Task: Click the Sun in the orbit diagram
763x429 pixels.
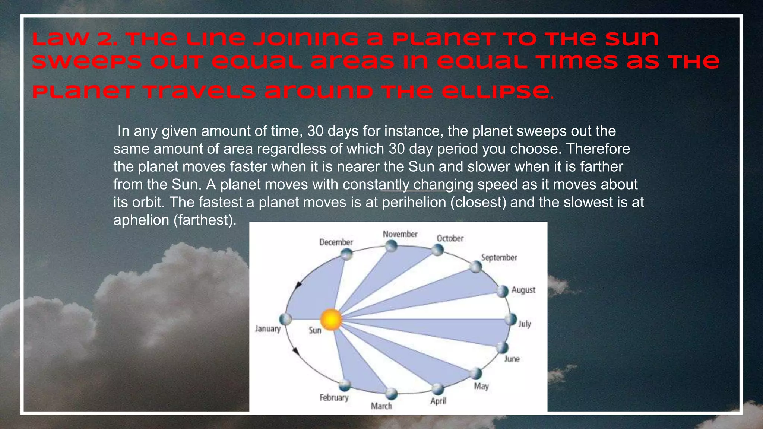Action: click(x=331, y=320)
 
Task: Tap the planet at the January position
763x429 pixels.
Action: click(x=285, y=319)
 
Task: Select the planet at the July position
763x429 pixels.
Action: click(x=511, y=319)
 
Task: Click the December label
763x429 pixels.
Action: click(x=336, y=242)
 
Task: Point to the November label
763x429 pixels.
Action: click(x=400, y=234)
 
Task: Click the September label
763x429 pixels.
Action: click(x=499, y=257)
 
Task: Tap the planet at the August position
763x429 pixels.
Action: click(x=502, y=291)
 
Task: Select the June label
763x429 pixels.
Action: click(x=512, y=359)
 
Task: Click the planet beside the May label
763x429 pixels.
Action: click(x=476, y=373)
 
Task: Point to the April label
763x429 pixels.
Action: click(x=438, y=401)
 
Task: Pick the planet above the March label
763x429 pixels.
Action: click(x=391, y=393)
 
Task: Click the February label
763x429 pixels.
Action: click(x=334, y=397)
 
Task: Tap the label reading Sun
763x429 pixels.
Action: click(x=315, y=330)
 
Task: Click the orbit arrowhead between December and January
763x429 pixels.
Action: click(x=298, y=286)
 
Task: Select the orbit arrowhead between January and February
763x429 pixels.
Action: click(x=296, y=351)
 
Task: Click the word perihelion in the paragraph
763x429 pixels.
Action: click(x=414, y=202)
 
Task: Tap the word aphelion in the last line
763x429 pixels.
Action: click(x=141, y=220)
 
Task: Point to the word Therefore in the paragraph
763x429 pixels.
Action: click(x=598, y=149)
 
